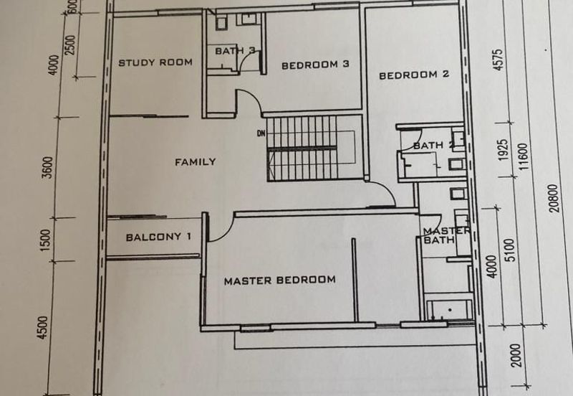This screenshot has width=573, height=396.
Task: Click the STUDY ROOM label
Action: [x=155, y=62]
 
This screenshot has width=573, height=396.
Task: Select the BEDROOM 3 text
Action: [x=314, y=65]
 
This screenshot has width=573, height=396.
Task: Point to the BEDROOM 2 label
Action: [x=413, y=75]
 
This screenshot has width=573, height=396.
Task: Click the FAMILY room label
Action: [x=195, y=161]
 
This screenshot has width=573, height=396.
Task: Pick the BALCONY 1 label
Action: [x=158, y=237]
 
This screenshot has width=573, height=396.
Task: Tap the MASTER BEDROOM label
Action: [x=279, y=280]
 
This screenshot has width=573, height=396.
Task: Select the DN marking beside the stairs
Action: [x=261, y=133]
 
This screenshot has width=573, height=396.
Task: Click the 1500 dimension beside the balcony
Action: [x=48, y=240]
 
